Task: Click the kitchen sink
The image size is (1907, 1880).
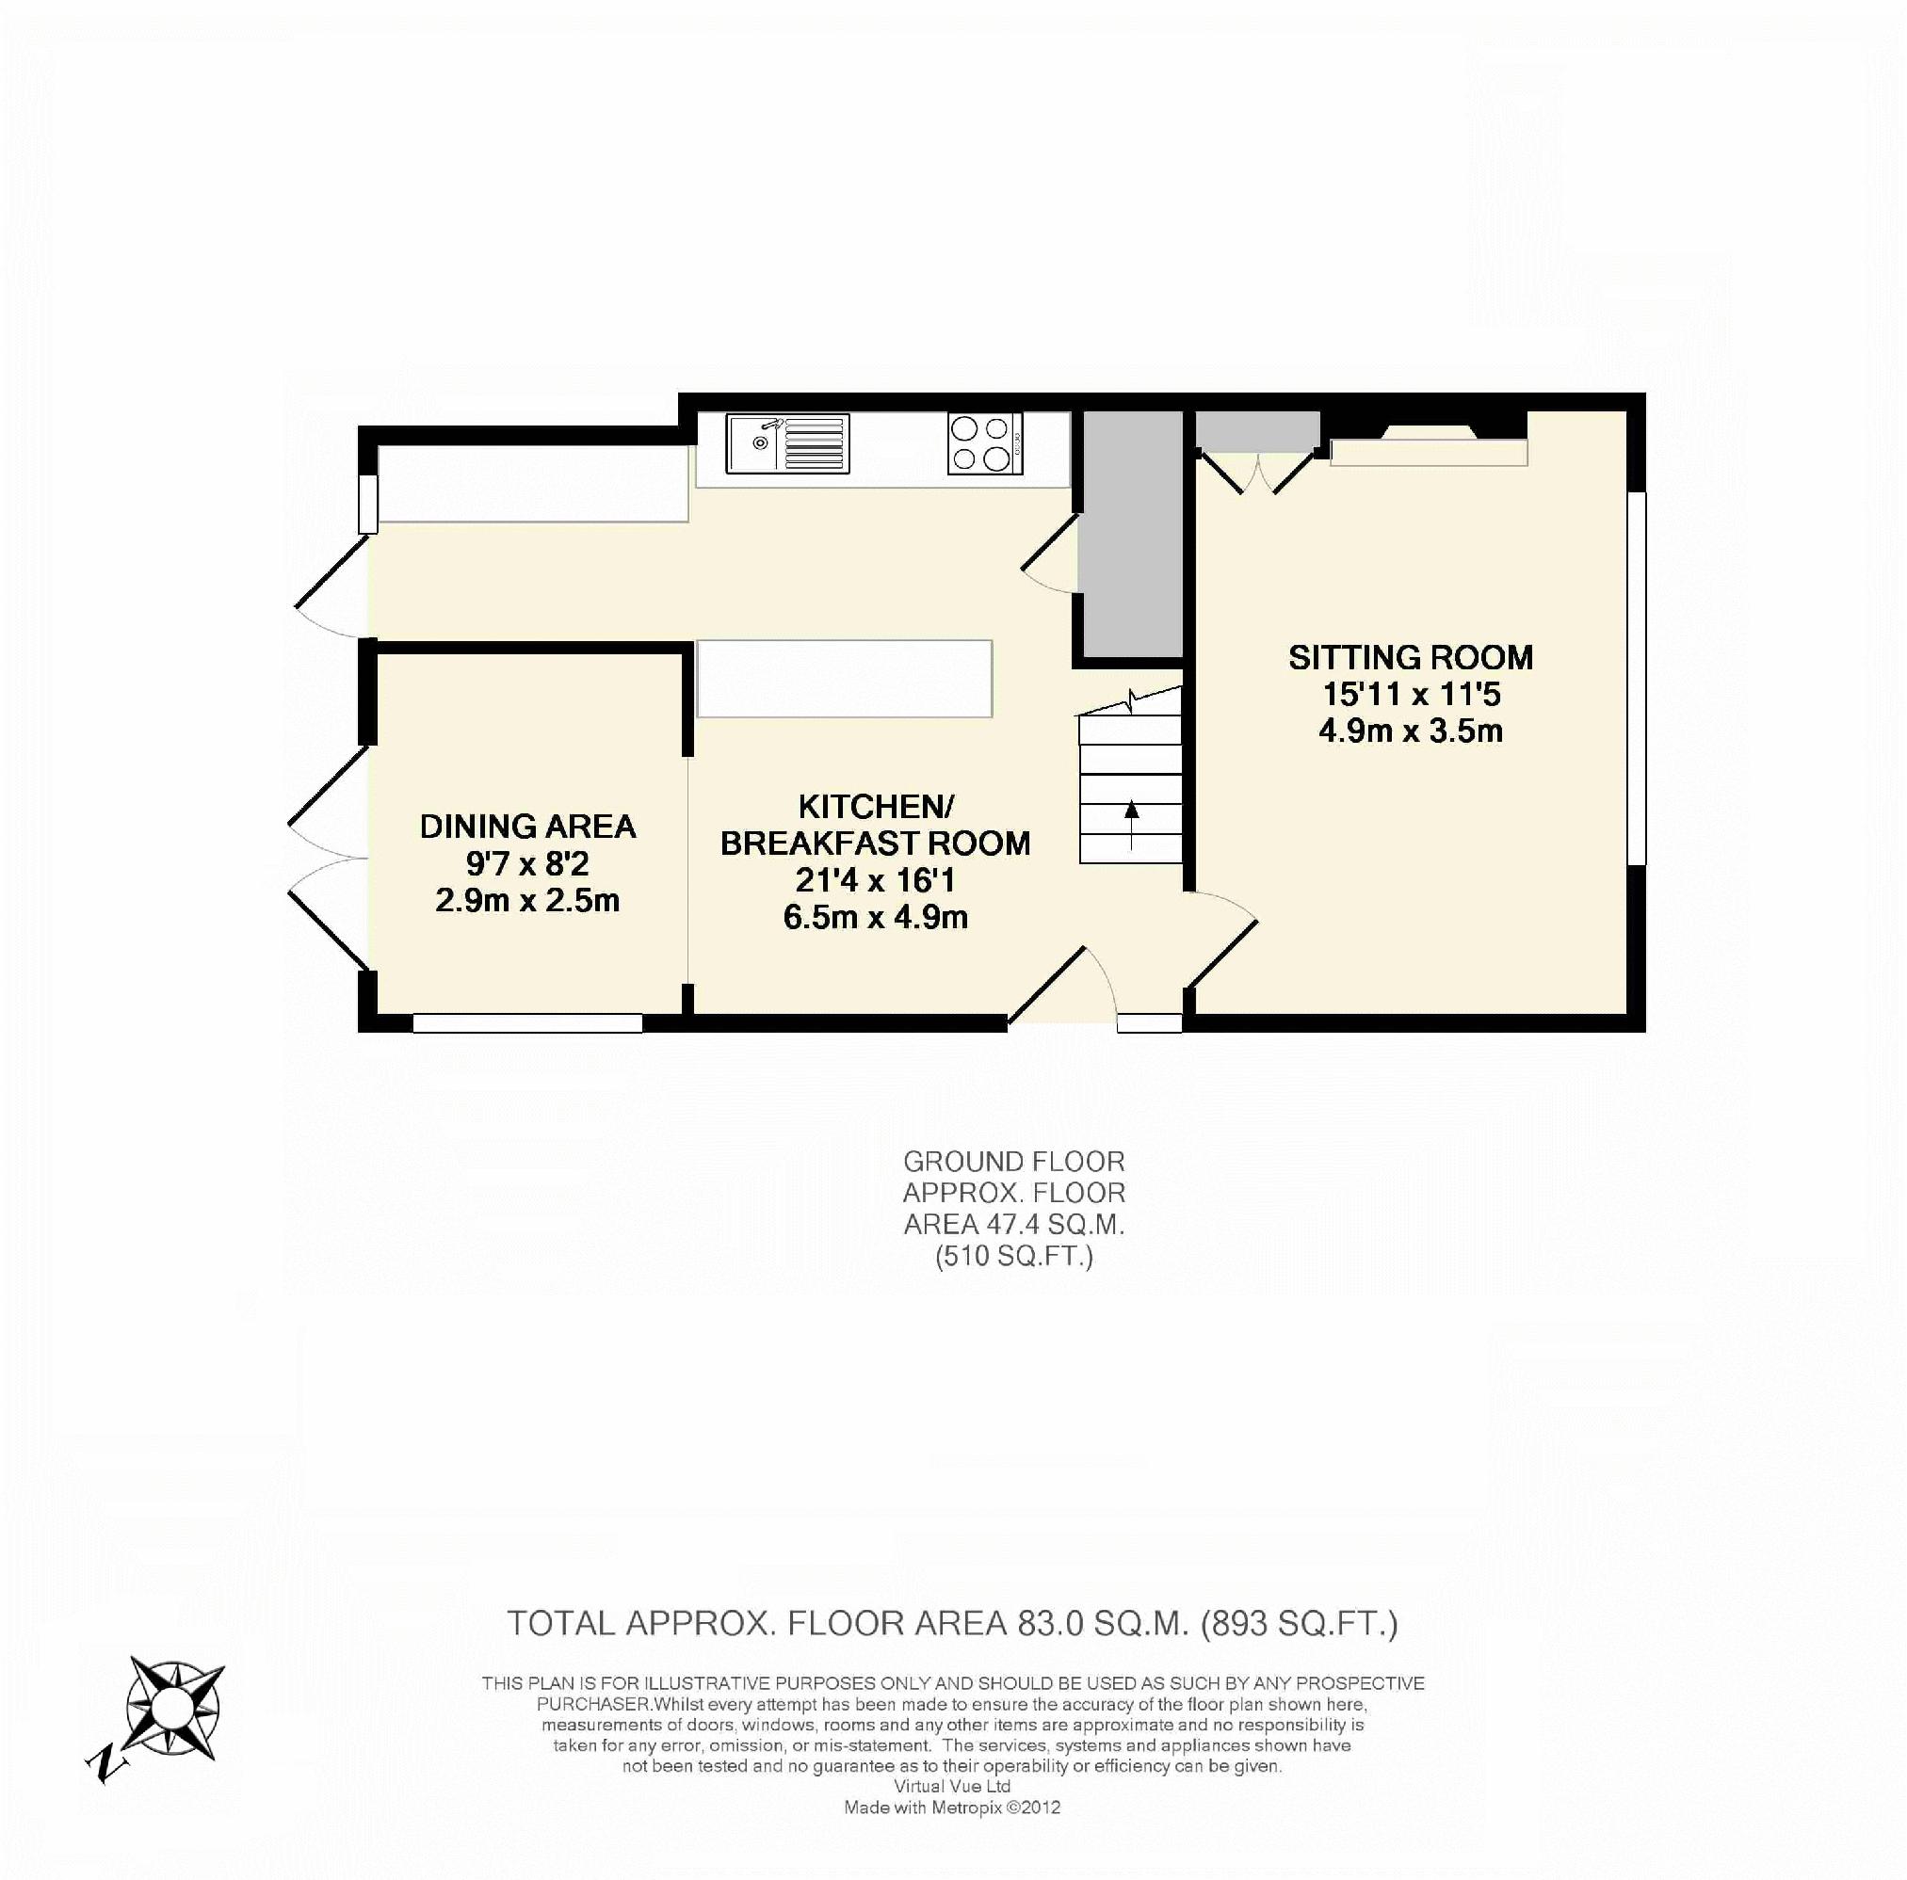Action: click(x=787, y=443)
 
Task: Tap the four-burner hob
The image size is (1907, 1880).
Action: click(x=985, y=443)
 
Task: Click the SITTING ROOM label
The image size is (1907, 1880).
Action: click(x=1411, y=657)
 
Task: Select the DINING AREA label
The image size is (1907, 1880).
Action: click(x=528, y=826)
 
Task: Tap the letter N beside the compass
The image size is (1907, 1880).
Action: click(x=105, y=1765)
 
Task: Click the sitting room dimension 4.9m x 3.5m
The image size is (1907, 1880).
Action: click(x=1411, y=731)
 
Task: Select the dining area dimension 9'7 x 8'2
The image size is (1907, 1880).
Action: click(x=528, y=863)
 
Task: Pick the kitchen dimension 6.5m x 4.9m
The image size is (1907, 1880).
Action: click(x=876, y=917)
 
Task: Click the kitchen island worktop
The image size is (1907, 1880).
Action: click(x=844, y=678)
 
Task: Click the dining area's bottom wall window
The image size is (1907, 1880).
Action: click(x=528, y=1023)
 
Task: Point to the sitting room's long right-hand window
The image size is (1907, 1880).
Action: click(x=1637, y=678)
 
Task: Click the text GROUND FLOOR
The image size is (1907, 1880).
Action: click(x=1013, y=1162)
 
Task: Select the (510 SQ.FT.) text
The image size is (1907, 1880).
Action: click(x=1013, y=1256)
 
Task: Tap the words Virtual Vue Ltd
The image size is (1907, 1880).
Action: click(x=951, y=1785)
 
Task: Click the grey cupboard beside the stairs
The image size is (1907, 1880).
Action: click(x=1129, y=534)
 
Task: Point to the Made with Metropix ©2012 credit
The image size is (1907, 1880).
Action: click(x=951, y=1807)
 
